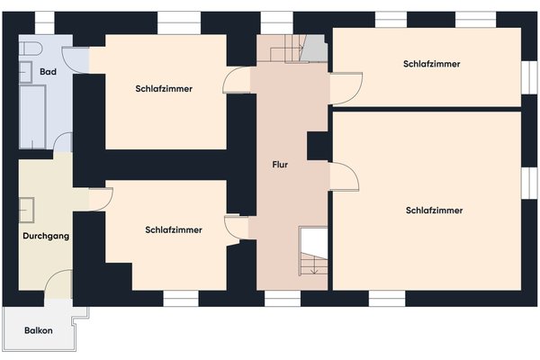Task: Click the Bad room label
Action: click(48, 72)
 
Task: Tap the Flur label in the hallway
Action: click(280, 165)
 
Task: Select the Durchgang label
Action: click(46, 236)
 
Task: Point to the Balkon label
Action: click(39, 330)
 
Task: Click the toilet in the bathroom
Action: click(31, 49)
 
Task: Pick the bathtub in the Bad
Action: click(32, 117)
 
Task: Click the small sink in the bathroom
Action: click(25, 72)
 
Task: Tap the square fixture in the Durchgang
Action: click(26, 210)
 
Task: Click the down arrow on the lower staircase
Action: click(314, 266)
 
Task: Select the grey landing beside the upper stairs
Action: click(314, 49)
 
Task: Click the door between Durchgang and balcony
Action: click(58, 283)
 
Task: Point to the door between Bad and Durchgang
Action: click(63, 142)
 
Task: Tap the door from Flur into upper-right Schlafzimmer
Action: click(346, 88)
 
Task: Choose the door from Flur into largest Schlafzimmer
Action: click(345, 176)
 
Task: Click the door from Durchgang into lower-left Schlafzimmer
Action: click(101, 199)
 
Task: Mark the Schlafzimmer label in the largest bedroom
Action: click(434, 210)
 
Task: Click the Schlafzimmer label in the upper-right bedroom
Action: click(431, 64)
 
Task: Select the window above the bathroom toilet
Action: click(45, 23)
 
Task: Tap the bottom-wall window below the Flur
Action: click(283, 298)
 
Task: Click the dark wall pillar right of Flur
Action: click(318, 146)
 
